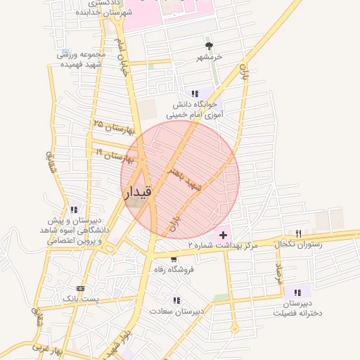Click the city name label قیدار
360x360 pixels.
[138, 191]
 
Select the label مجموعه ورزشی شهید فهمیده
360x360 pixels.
[81, 59]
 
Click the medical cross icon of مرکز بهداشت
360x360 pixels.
[224, 234]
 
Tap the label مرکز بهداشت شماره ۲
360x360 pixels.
[224, 245]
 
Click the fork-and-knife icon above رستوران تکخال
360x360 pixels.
[298, 233]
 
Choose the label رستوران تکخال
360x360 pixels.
[300, 243]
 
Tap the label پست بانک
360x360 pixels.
[77, 299]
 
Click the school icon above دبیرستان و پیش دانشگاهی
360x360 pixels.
[75, 209]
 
